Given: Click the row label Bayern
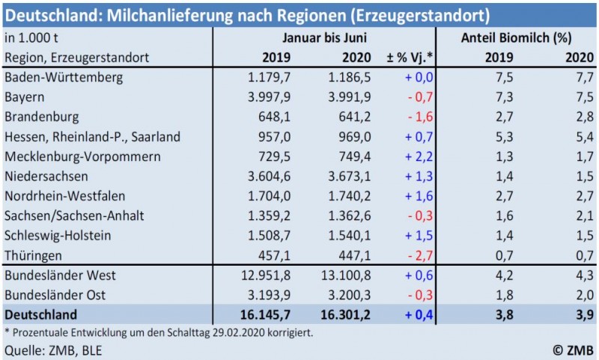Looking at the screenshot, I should (24, 96).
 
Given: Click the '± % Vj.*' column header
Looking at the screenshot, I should (410, 57).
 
